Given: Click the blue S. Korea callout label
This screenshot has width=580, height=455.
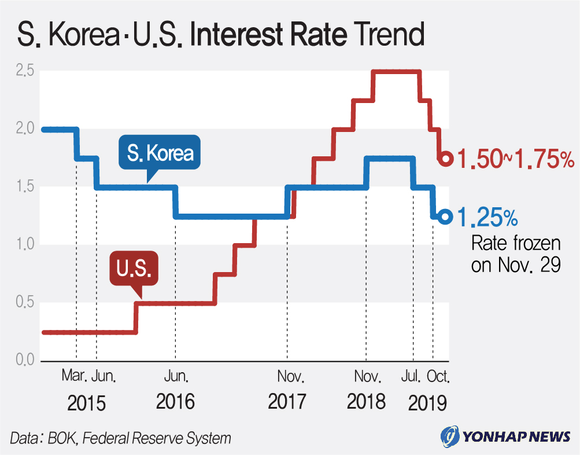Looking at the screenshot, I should [x=160, y=154].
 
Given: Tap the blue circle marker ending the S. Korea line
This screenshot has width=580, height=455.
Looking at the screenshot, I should [x=445, y=217].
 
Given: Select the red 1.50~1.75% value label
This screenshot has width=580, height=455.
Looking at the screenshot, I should [x=515, y=159].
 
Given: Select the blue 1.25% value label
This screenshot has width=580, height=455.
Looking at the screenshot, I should [x=487, y=218].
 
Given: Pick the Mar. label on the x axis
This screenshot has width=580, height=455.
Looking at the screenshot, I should [x=75, y=377].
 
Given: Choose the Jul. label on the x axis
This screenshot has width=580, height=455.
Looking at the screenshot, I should [x=411, y=377].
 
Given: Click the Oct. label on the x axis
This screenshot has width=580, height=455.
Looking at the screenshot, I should [x=438, y=377].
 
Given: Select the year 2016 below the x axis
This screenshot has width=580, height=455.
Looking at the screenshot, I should [x=175, y=402].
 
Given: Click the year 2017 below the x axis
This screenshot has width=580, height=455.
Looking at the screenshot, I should [x=287, y=402].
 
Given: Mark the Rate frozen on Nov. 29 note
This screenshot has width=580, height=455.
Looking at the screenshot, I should [x=508, y=254].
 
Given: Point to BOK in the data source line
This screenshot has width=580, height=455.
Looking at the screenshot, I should [x=61, y=438].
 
